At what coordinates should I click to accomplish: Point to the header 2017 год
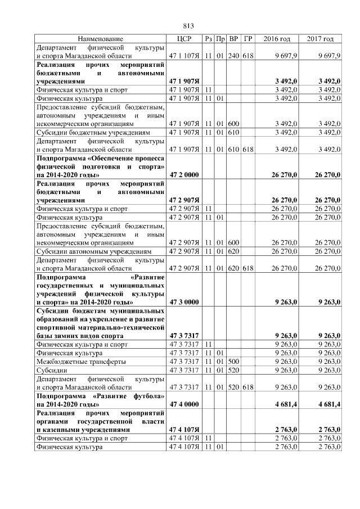point(320,39)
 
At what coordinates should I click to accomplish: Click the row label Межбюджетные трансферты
point(81,361)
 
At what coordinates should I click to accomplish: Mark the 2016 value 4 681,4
point(286,404)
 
